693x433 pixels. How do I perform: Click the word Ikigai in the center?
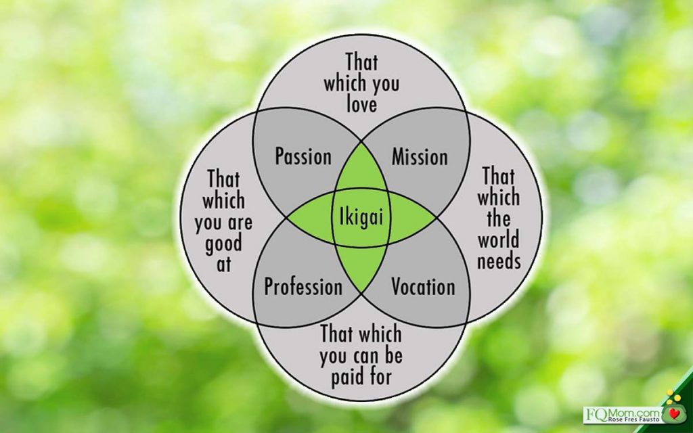coord(360,219)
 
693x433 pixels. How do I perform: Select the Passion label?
coord(303,157)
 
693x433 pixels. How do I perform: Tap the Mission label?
coord(420,157)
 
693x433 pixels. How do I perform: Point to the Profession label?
coord(303,287)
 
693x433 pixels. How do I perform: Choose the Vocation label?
coord(423,286)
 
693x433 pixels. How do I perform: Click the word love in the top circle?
coord(361,104)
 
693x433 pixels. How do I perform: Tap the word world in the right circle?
coord(499,240)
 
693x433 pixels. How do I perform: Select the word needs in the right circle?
coord(499,262)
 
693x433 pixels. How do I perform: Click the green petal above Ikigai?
coord(360,173)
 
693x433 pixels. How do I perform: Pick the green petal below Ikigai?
coord(360,267)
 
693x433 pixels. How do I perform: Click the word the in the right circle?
coord(499,219)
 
